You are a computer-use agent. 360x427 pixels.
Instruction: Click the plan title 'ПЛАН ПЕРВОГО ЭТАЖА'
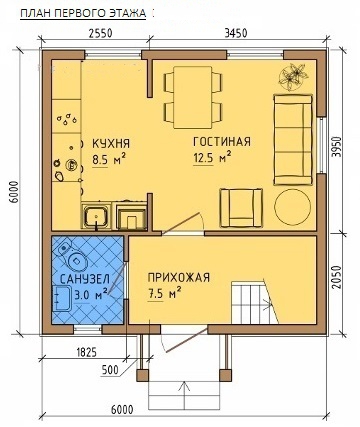tap(83, 13)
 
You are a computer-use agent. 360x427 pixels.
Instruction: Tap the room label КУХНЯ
tap(111, 144)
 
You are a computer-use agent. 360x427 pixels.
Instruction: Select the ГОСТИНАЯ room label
tap(222, 141)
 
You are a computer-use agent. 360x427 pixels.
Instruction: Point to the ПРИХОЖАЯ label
tap(179, 277)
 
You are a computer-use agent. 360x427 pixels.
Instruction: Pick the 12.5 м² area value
tap(212, 157)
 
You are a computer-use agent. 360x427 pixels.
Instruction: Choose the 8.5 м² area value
tap(109, 159)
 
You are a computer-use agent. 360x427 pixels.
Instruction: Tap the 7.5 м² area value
tap(164, 293)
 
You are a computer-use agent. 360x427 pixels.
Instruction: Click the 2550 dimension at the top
tap(100, 33)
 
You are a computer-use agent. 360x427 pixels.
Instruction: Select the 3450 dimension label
tap(236, 33)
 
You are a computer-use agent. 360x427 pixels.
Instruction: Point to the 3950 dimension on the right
tap(338, 147)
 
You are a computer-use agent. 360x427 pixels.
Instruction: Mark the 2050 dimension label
tap(338, 277)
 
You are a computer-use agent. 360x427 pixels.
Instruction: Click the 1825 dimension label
tap(86, 352)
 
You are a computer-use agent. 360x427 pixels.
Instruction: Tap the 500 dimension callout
tap(109, 369)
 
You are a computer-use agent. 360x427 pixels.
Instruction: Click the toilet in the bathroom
tap(73, 256)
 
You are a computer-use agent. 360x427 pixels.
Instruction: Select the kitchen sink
tap(96, 216)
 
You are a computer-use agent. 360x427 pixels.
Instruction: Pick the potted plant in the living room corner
tap(293, 77)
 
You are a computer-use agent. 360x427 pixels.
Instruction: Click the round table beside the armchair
tap(292, 207)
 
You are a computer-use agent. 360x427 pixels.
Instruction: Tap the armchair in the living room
tap(241, 207)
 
